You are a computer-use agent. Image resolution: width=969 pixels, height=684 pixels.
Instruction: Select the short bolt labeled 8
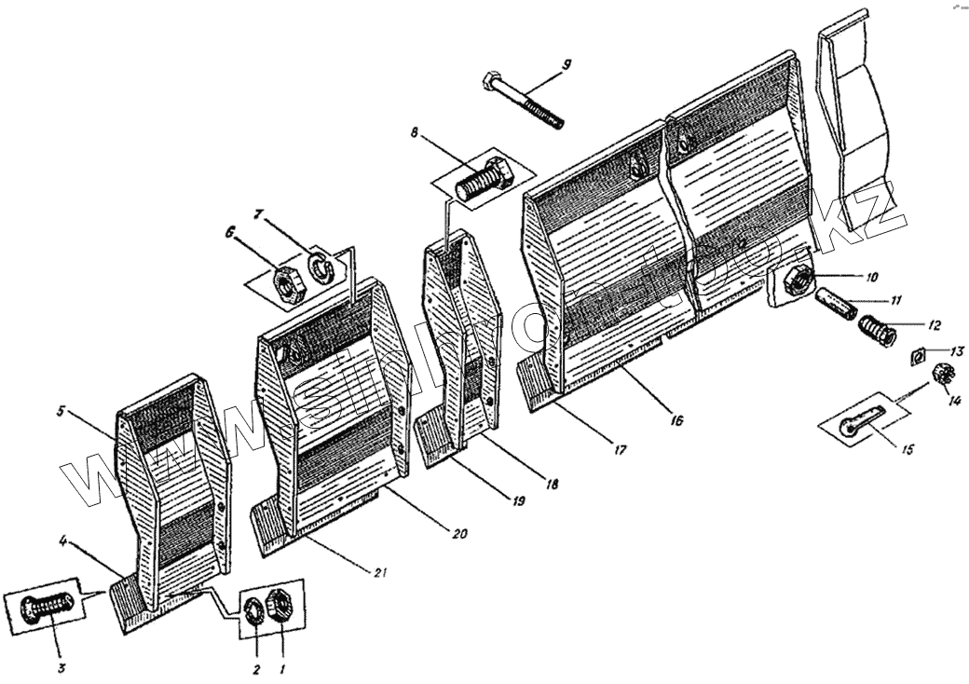click(483, 179)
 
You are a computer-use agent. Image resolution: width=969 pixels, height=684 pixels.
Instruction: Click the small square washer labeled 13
click(916, 354)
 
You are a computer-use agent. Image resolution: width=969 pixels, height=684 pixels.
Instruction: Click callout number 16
click(676, 421)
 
